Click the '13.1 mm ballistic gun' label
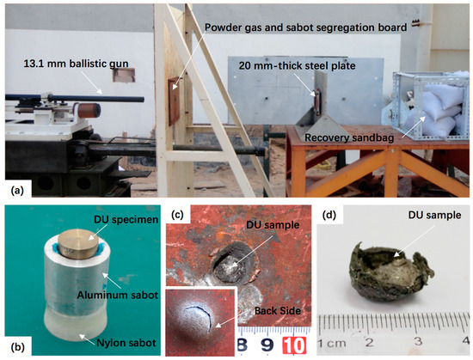(x=76, y=64)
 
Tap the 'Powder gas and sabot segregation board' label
(x=306, y=27)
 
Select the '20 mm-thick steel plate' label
(x=298, y=65)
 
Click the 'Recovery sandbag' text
(x=349, y=137)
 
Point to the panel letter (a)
(x=17, y=191)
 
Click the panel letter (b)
(x=17, y=347)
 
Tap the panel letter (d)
(x=329, y=215)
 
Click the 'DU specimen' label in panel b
(x=126, y=220)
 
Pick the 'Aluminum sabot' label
(x=117, y=295)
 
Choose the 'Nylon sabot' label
(x=126, y=343)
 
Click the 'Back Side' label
(x=278, y=310)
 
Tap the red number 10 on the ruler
(x=294, y=345)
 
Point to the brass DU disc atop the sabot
(x=78, y=244)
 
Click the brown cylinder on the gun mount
(x=89, y=110)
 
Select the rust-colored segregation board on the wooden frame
(x=174, y=101)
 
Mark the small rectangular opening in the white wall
(x=124, y=75)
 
